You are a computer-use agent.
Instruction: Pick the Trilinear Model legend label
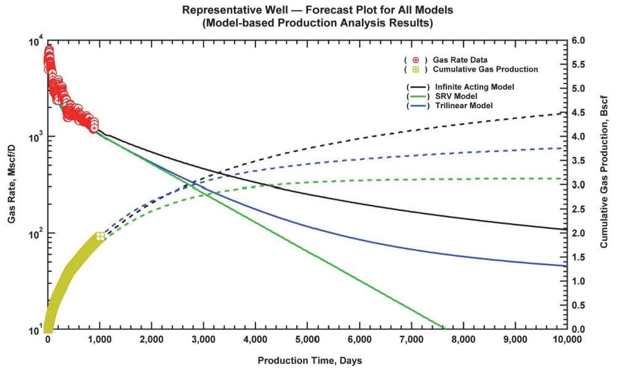click(464, 106)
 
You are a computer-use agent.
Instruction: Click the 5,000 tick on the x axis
click(307, 340)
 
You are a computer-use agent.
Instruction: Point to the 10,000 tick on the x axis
click(565, 340)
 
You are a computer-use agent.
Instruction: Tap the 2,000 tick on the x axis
click(151, 340)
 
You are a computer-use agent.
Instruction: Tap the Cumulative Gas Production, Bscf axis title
click(604, 185)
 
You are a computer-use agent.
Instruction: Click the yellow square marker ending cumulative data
click(100, 237)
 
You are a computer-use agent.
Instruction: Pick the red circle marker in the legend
click(416, 60)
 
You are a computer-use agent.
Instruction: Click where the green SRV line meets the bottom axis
click(443, 329)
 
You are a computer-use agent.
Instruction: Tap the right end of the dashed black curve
click(565, 113)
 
